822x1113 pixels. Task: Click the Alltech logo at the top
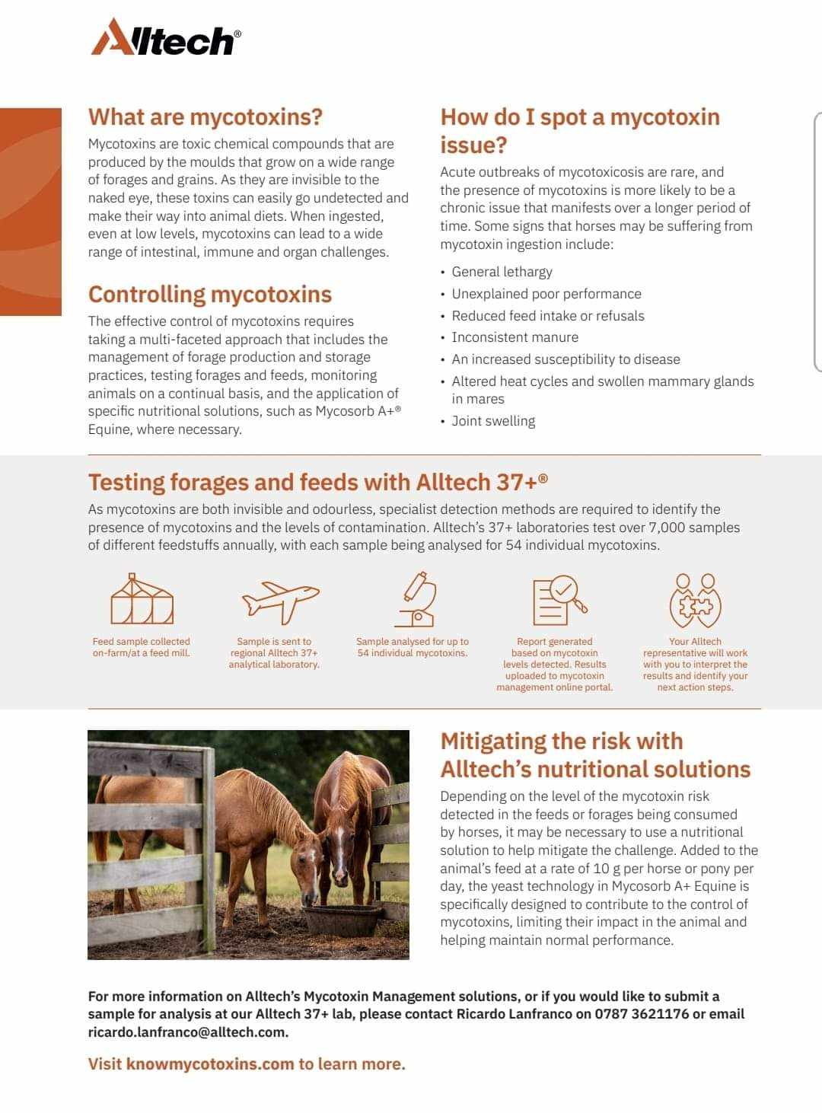point(166,37)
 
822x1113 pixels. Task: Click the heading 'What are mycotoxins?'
point(205,116)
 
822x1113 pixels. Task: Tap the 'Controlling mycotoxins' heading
point(210,294)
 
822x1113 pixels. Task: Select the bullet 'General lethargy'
point(502,272)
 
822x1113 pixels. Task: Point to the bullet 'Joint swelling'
point(493,421)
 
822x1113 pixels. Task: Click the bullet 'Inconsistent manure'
point(515,337)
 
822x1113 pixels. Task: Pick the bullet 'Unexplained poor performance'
point(546,294)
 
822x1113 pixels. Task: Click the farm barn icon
point(142,599)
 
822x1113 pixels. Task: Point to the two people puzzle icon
point(695,600)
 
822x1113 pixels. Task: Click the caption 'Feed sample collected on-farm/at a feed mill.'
point(141,647)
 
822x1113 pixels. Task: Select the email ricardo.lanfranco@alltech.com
point(187,1032)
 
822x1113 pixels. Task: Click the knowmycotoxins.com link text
point(210,1064)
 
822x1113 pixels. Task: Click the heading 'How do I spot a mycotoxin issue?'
point(579,130)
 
